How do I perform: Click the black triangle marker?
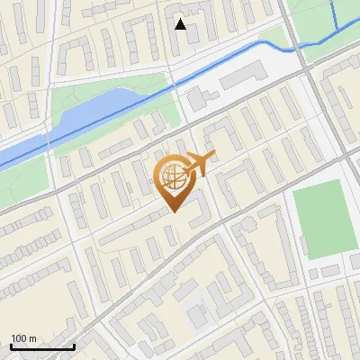pyautogui.click(x=181, y=24)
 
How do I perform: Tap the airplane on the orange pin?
pyautogui.click(x=200, y=165)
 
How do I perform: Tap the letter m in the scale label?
pyautogui.click(x=33, y=337)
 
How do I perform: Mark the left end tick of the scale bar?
pyautogui.click(x=11, y=346)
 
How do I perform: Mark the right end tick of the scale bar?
pyautogui.click(x=74, y=346)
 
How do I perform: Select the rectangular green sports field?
pyautogui.click(x=326, y=220)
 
